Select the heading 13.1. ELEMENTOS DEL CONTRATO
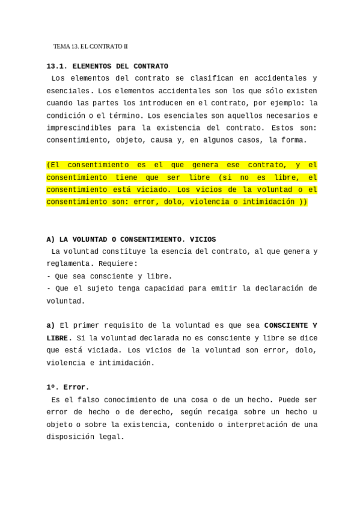(x=107, y=66)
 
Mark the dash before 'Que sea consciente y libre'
(x=48, y=276)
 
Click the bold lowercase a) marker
(x=50, y=325)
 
